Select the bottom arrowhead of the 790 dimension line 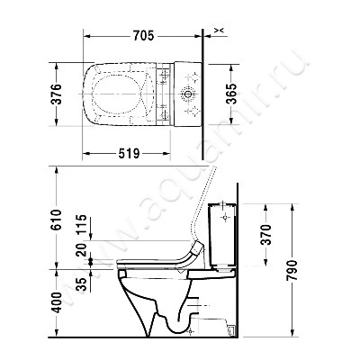(x=292, y=342)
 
